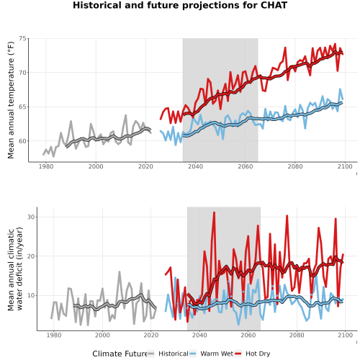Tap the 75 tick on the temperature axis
22,39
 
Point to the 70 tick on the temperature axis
22,73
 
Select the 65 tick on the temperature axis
22,107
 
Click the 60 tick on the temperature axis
22,141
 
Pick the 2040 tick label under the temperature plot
195,166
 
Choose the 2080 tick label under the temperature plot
295,166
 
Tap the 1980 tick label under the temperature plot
46,166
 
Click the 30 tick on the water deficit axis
31,217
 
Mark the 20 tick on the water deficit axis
31,256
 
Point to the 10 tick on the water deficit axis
31,296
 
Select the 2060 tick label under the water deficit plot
248,335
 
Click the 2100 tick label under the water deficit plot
345,335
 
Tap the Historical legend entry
168,354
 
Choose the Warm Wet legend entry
212,354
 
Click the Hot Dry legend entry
253,354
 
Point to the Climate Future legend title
120,354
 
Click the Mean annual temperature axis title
11,100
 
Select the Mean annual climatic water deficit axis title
15,269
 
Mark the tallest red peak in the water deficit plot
214,212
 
